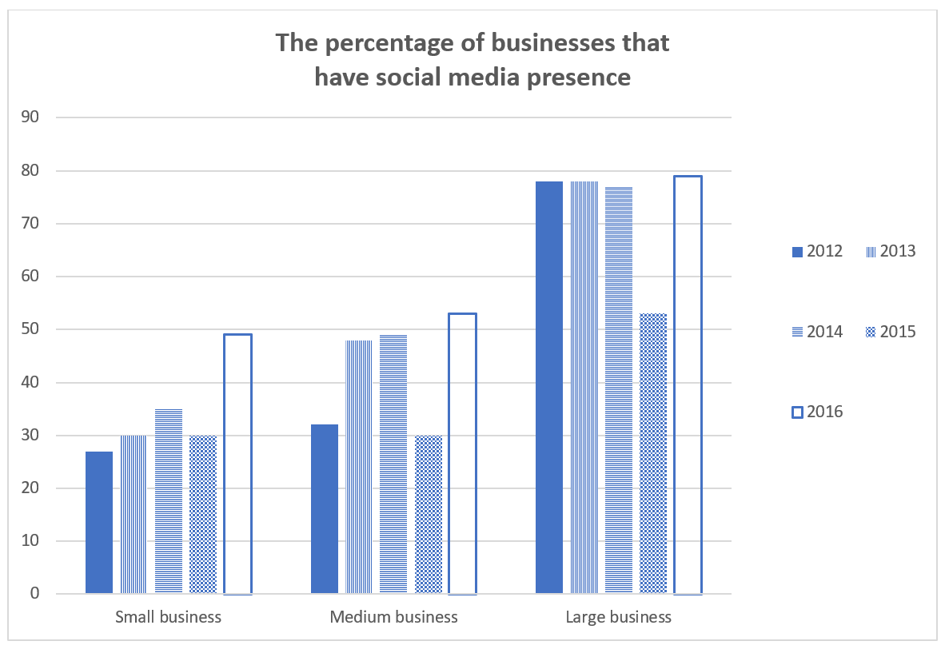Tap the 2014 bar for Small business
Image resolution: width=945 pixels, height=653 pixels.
coord(169,501)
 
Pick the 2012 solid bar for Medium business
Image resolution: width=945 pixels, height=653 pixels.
coord(324,508)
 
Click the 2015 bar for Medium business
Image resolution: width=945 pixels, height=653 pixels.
coord(429,514)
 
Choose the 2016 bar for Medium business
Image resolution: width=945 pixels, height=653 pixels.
coord(462,453)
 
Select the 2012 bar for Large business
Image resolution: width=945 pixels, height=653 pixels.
coord(549,387)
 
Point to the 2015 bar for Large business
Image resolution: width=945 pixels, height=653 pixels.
coord(653,453)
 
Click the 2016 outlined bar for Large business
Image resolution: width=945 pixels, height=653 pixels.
coord(688,384)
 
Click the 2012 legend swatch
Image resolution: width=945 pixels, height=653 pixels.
coord(796,252)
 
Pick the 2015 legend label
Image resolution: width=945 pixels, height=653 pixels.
coord(898,332)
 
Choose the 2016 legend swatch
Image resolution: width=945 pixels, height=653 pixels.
coord(796,412)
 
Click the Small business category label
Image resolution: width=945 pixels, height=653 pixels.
coord(168,617)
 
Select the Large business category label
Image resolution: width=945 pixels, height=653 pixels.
coord(618,617)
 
